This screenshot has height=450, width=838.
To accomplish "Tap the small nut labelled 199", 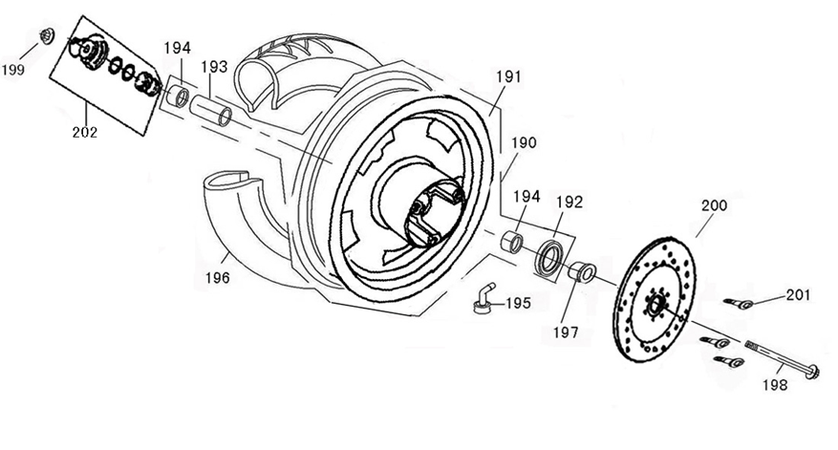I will pyautogui.click(x=43, y=36).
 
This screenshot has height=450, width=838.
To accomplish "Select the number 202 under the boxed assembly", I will pyautogui.click(x=84, y=132).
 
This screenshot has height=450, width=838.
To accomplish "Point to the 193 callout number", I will pyautogui.click(x=214, y=67).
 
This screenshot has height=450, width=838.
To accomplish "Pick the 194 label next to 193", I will pyautogui.click(x=177, y=48).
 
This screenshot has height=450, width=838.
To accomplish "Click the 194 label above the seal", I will pyautogui.click(x=527, y=196).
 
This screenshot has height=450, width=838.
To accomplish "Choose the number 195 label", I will pyautogui.click(x=517, y=304).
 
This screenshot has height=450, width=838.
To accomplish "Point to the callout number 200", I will pyautogui.click(x=714, y=205).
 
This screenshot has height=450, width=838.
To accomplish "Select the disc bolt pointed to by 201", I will pyautogui.click(x=739, y=304).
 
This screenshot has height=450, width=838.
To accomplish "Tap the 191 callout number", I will pyautogui.click(x=509, y=78).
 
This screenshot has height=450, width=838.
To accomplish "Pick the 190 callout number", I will pyautogui.click(x=524, y=143).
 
